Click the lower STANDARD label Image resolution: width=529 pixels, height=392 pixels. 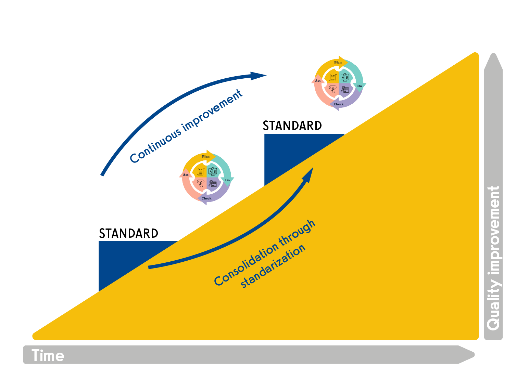click(128, 233)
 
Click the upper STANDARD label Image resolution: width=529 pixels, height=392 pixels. click(292, 126)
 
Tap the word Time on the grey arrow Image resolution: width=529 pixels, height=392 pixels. click(48, 356)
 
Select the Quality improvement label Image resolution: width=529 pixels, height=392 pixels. click(493, 258)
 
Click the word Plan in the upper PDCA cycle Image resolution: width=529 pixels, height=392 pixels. click(338, 62)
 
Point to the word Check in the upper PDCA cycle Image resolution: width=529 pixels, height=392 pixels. click(339, 104)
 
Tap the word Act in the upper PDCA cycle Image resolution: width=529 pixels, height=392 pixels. click(318, 81)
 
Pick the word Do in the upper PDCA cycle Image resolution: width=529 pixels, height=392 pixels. click(360, 86)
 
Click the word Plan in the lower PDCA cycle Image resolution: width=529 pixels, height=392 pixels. click(206, 156)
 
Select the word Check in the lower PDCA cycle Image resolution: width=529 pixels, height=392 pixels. click(206, 198)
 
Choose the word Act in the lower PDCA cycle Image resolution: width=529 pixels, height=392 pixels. click(186, 175)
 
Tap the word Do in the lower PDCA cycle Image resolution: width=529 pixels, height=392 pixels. click(227, 180)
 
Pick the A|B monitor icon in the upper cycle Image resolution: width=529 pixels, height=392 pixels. click(345, 77)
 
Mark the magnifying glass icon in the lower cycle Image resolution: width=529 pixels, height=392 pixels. click(213, 184)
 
